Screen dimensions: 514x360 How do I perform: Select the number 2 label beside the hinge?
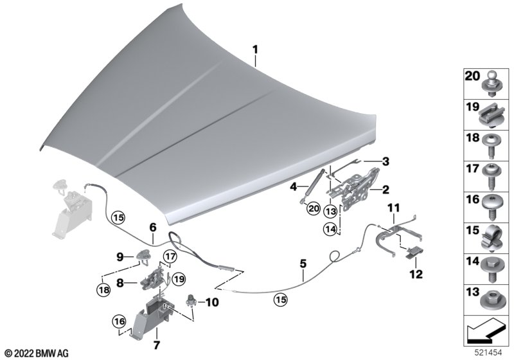[386, 189]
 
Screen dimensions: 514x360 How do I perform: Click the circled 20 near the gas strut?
[313, 208]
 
